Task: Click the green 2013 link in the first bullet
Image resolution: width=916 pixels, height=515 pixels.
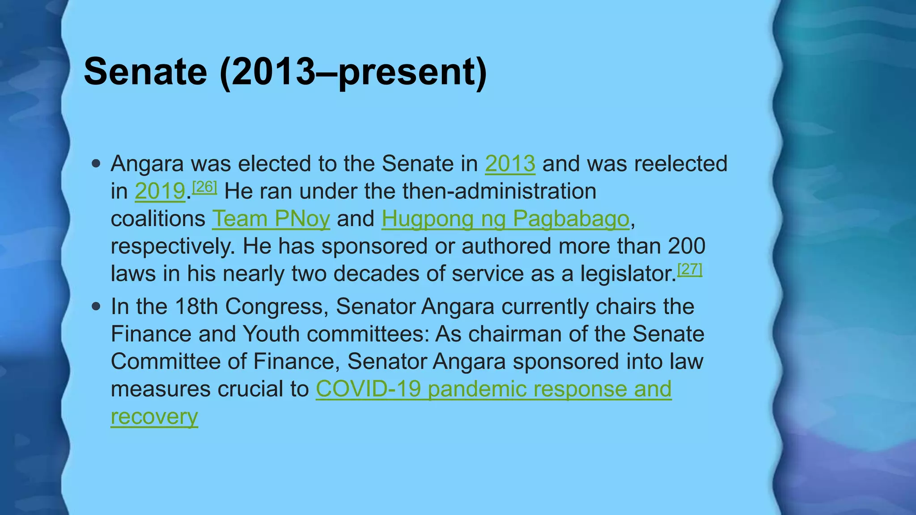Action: click(x=510, y=164)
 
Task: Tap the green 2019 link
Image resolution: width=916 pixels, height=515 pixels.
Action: click(x=160, y=191)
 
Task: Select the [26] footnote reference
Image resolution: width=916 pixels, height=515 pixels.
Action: click(x=204, y=186)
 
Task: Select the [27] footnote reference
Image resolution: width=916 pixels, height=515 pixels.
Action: click(x=690, y=269)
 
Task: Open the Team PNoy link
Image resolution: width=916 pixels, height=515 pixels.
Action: click(x=271, y=219)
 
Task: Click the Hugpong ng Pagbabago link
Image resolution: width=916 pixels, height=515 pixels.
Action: click(x=505, y=219)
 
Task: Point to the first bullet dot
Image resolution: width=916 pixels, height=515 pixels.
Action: click(x=96, y=163)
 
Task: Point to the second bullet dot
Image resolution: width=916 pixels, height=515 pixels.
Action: click(x=96, y=307)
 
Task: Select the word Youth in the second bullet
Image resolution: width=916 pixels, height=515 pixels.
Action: click(x=271, y=334)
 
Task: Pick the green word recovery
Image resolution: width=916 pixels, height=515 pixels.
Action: click(x=154, y=417)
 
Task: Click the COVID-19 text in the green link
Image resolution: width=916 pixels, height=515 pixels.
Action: click(x=368, y=389)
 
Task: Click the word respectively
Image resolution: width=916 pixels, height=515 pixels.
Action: click(x=173, y=246)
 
